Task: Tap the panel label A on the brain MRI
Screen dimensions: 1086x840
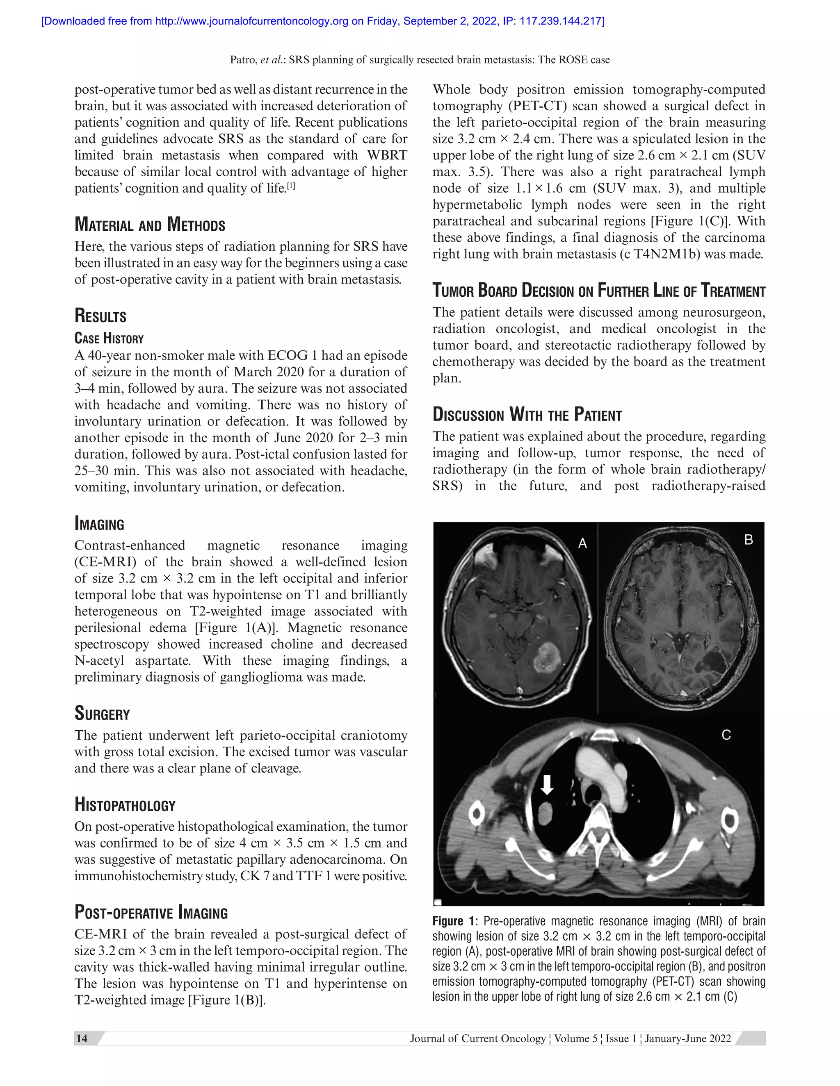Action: [x=582, y=543]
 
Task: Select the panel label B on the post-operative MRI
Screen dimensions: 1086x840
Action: [x=749, y=540]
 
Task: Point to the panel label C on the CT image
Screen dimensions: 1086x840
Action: [x=726, y=735]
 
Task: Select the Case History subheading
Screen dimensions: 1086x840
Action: [x=109, y=339]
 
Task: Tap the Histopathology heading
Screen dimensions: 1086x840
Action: [x=125, y=804]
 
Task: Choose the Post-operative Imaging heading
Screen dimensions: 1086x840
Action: [x=151, y=913]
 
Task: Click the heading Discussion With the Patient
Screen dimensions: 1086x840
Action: [x=527, y=414]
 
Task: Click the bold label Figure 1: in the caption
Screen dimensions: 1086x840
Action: [x=455, y=921]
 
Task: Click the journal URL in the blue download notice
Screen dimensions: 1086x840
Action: [x=251, y=21]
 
